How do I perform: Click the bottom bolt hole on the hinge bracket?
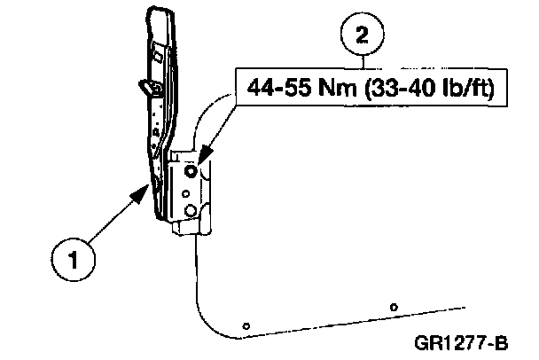pyautogui.click(x=190, y=209)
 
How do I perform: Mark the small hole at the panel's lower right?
pyautogui.click(x=393, y=307)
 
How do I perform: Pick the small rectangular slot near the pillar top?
pyautogui.click(x=156, y=55)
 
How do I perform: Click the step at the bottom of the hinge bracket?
pyautogui.click(x=183, y=228)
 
